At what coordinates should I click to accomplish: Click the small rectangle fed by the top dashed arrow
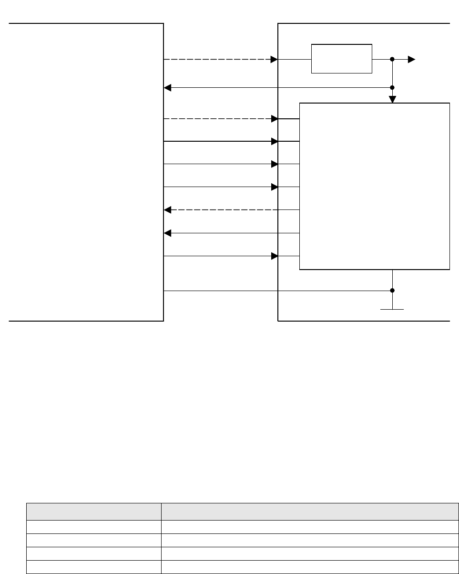[341, 59]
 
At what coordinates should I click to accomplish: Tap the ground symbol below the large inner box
[392, 309]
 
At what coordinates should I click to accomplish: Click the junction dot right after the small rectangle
[392, 60]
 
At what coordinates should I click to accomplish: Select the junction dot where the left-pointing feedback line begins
[392, 88]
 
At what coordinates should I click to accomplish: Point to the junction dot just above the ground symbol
[392, 291]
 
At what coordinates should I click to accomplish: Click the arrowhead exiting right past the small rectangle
[411, 60]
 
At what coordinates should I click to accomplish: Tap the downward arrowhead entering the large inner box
[392, 99]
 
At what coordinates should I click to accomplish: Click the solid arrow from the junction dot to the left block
[276, 88]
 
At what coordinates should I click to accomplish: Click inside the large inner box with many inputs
[374, 186]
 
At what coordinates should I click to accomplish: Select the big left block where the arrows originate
[86, 172]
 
